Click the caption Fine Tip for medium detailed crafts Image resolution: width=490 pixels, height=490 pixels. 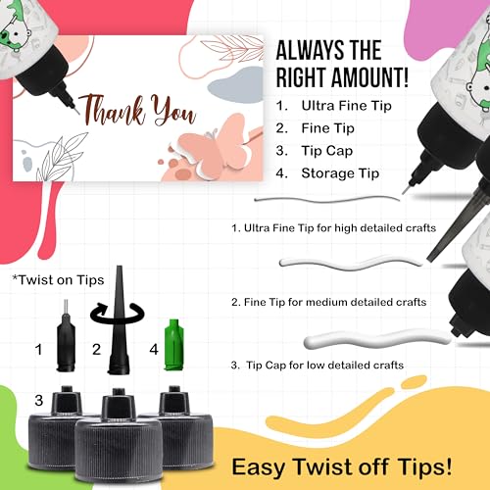[x=328, y=302]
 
